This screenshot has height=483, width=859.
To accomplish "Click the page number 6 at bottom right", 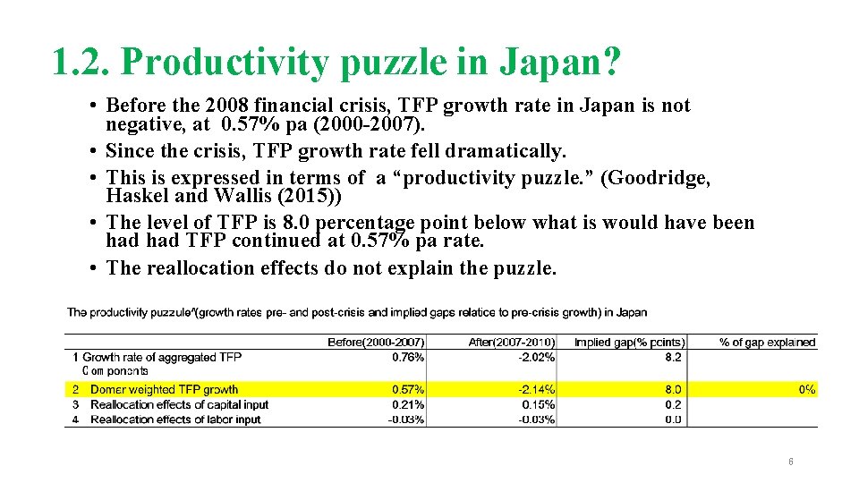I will click(x=790, y=462).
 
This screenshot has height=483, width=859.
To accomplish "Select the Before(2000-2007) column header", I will click(x=376, y=342).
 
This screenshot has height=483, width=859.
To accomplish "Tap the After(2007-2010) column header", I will click(x=511, y=342).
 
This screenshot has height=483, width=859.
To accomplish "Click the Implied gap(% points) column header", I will click(x=629, y=342).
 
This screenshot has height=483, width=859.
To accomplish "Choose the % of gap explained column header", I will click(x=767, y=342).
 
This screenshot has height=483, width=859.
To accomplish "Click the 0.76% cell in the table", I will click(x=408, y=357).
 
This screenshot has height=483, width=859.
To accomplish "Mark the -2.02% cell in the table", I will click(x=537, y=357).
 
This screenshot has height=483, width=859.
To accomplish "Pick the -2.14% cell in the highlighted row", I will click(x=537, y=389).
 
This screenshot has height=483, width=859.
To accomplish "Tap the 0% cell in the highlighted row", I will click(x=806, y=389).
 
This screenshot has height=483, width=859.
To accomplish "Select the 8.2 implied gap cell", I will click(x=673, y=357).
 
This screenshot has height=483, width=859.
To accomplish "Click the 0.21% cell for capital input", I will click(x=408, y=404).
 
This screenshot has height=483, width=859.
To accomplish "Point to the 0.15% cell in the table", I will click(x=539, y=404).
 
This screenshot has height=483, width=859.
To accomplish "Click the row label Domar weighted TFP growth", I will click(x=164, y=389).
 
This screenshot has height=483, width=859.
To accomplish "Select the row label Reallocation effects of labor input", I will click(x=175, y=419).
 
